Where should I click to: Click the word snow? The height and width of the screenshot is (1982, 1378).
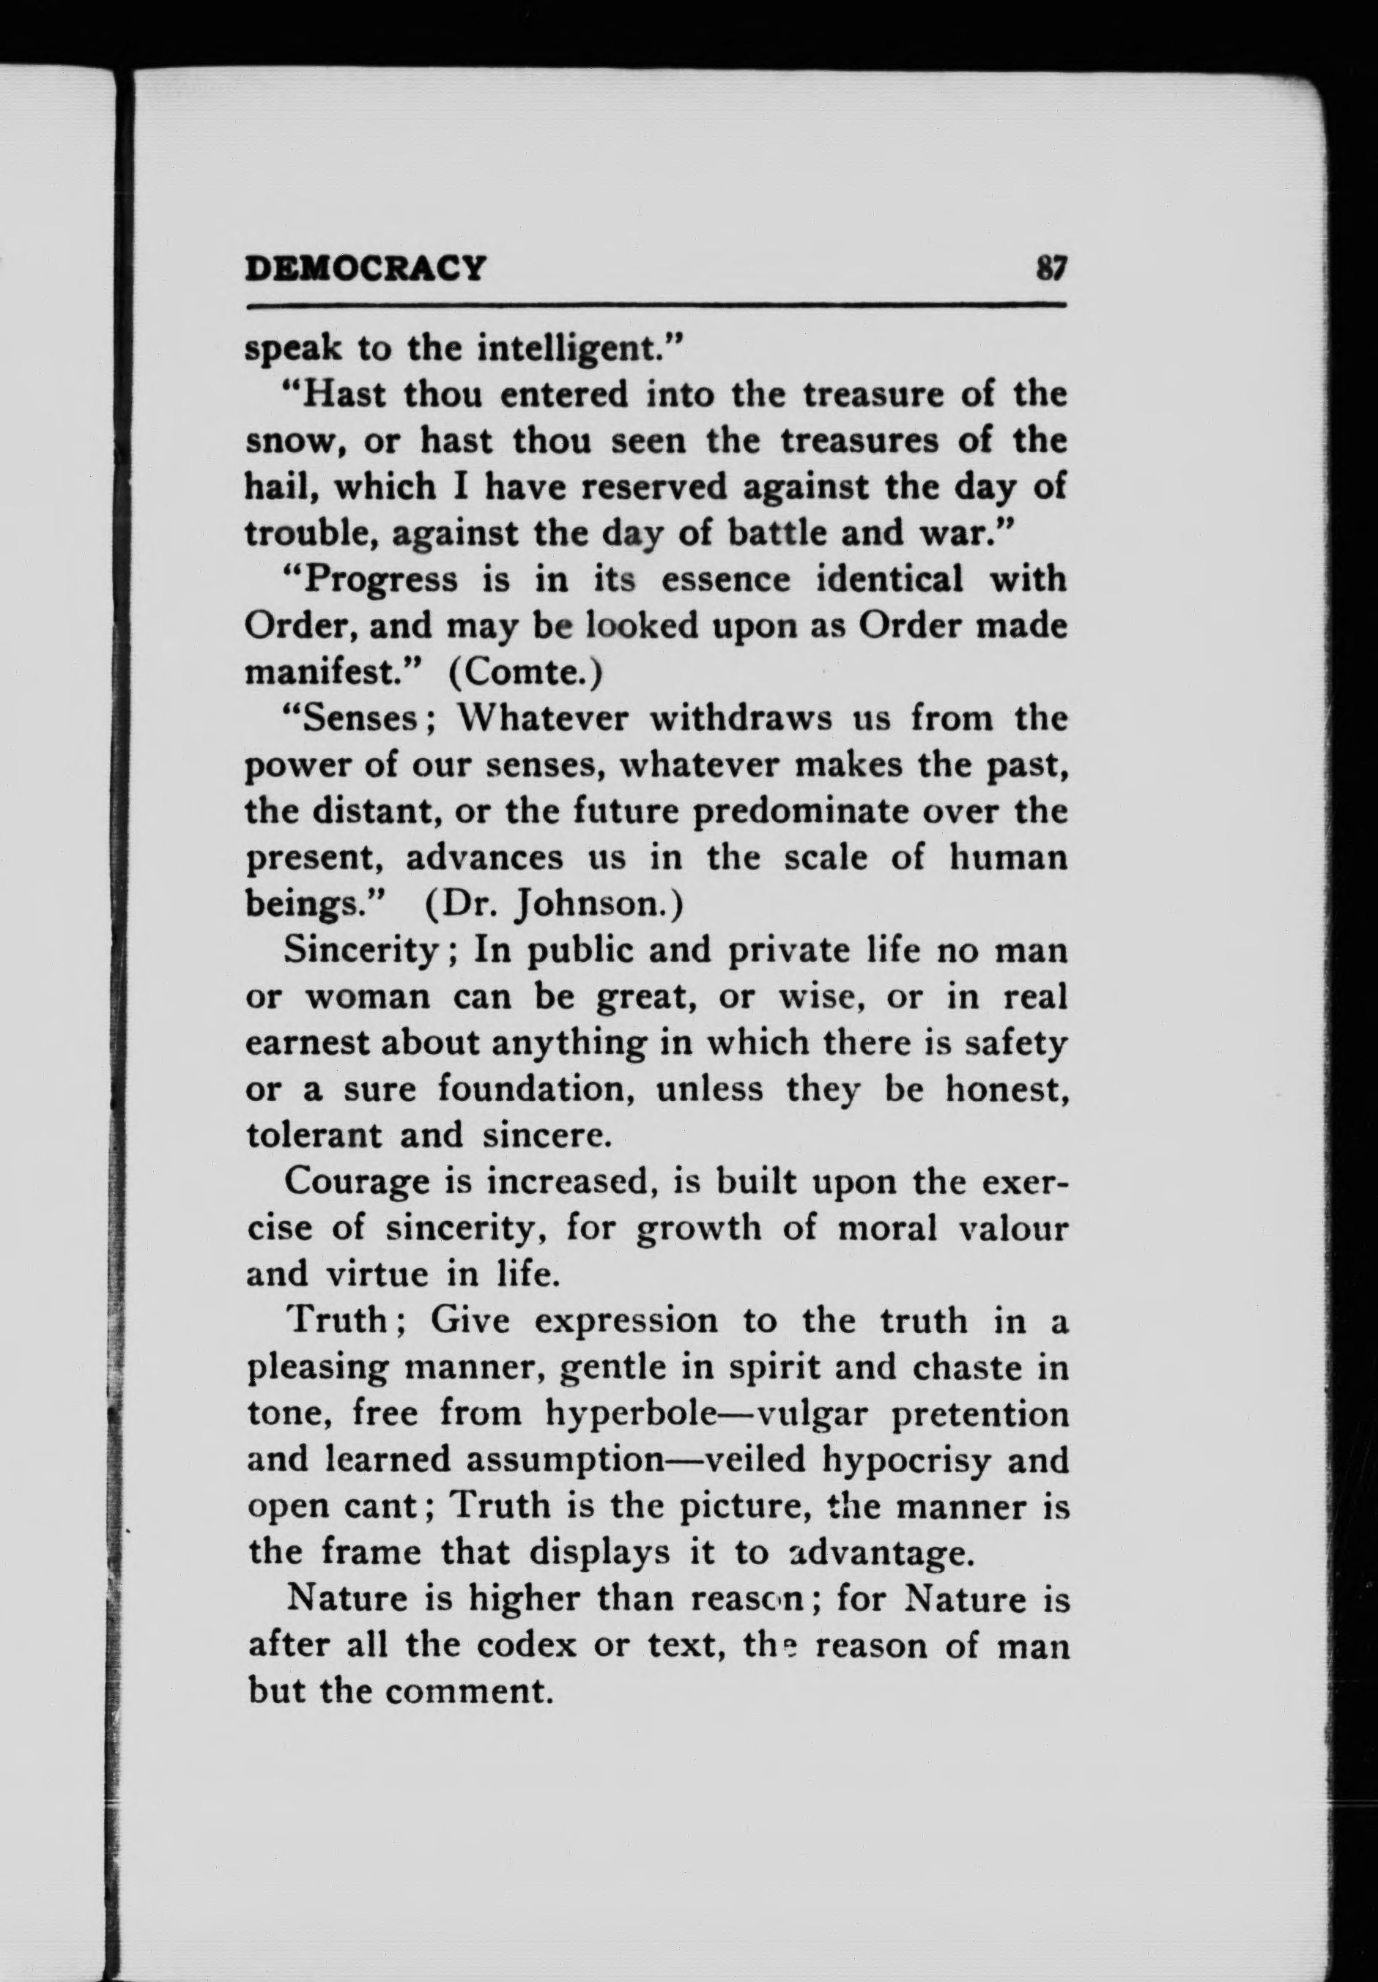tap(287, 442)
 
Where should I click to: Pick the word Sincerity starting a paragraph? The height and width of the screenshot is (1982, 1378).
tap(363, 951)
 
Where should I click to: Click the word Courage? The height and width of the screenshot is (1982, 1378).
tap(357, 1181)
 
